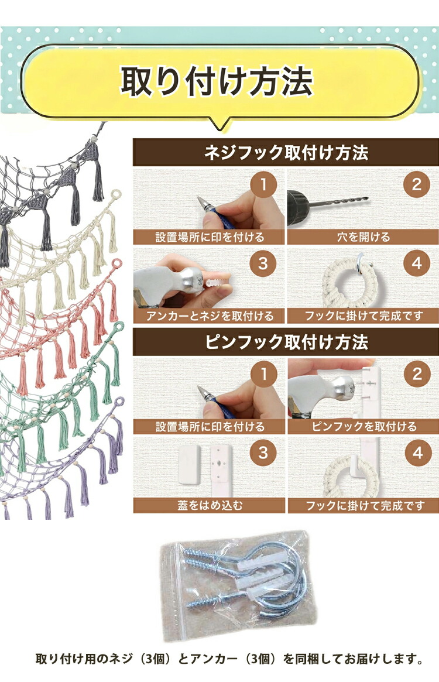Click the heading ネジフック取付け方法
click(286, 153)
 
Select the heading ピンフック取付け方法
click(286, 342)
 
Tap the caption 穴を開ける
click(363, 237)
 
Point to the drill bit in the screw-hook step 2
click(339, 201)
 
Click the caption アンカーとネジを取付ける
click(210, 316)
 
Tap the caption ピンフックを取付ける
click(364, 427)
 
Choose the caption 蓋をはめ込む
click(210, 505)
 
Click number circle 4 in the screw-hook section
click(417, 263)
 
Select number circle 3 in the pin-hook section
click(263, 453)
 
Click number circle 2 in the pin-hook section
click(417, 373)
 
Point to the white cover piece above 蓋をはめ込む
click(189, 464)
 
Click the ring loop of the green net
click(118, 328)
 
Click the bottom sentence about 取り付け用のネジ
click(229, 659)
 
